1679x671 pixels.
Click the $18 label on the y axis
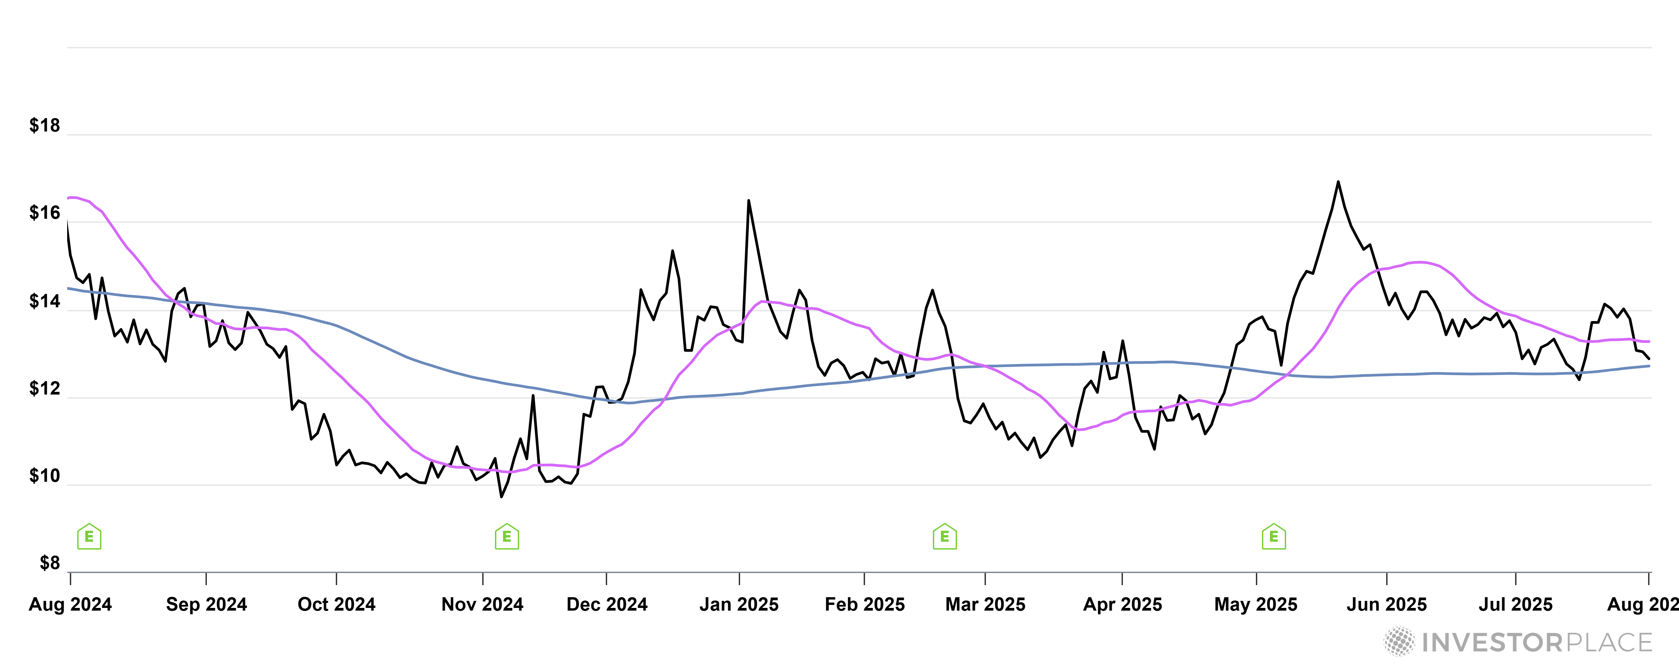click(44, 126)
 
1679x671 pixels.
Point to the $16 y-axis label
click(44, 213)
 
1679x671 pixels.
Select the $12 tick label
click(44, 389)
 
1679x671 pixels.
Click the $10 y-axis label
click(44, 476)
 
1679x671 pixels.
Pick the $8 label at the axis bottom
click(50, 563)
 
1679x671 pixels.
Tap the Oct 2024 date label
click(336, 605)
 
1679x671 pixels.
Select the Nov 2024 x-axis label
click(482, 605)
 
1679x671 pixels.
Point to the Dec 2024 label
click(607, 605)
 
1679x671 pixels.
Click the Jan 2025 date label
click(739, 605)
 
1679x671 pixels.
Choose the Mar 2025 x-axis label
click(985, 605)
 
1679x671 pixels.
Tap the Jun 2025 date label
click(1386, 605)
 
